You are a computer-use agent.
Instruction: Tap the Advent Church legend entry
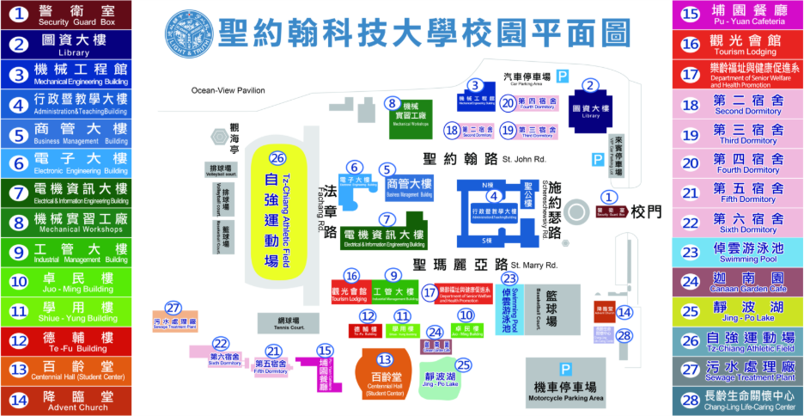click(x=66, y=400)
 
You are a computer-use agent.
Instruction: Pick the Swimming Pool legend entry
click(x=737, y=253)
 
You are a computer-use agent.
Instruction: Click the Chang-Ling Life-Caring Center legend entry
click(x=737, y=401)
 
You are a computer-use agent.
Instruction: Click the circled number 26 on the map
click(x=277, y=159)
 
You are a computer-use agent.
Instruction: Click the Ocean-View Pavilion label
click(x=228, y=89)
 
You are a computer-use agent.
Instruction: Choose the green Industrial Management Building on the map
click(x=394, y=292)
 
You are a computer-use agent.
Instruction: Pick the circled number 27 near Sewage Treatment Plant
click(x=175, y=308)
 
